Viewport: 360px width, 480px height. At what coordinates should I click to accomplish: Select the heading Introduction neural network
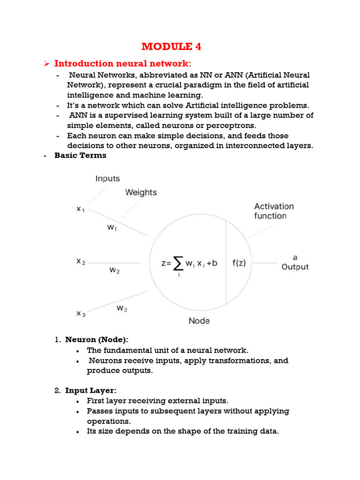(123, 64)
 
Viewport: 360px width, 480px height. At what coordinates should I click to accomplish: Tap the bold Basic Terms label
(80, 155)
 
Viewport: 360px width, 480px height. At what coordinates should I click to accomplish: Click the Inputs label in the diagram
(107, 179)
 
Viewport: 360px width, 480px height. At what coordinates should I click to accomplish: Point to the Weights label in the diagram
(141, 192)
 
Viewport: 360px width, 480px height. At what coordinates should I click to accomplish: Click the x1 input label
(81, 210)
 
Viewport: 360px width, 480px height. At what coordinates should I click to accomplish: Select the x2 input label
(81, 262)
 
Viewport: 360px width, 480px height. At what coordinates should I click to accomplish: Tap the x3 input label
(81, 314)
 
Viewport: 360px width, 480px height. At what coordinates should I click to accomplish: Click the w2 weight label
(114, 270)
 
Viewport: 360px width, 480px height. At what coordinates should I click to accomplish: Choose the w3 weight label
(121, 308)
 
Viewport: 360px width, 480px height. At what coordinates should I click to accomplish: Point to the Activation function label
(274, 211)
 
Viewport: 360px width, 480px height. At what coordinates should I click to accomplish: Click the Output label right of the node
(295, 267)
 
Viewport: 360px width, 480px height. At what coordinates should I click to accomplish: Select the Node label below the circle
(199, 321)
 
